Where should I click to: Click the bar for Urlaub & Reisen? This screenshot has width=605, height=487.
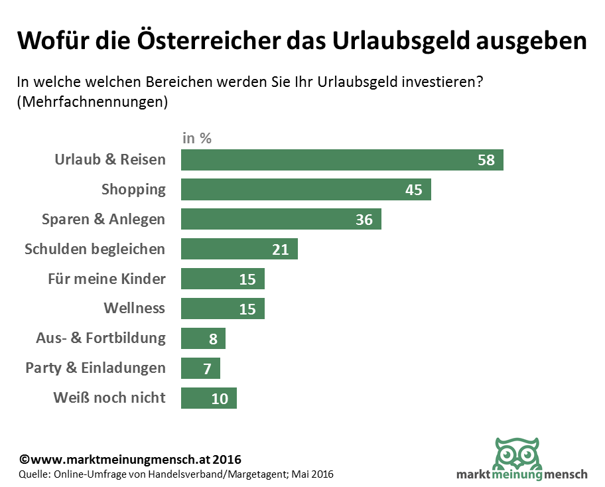[x=342, y=160]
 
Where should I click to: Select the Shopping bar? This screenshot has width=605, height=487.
[x=306, y=190]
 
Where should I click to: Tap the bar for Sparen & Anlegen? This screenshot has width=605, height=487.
[x=281, y=219]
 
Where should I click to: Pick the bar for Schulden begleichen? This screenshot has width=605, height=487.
[x=239, y=249]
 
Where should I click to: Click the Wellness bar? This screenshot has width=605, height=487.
[x=222, y=309]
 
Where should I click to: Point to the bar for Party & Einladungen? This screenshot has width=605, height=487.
[x=200, y=368]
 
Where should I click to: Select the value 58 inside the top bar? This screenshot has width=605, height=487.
[x=486, y=160]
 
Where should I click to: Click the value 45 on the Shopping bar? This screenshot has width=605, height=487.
[x=414, y=190]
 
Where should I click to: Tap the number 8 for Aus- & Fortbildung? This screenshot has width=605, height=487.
[x=213, y=339]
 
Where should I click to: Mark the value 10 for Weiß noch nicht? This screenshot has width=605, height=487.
[x=220, y=398]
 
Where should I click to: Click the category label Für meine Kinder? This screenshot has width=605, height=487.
[x=106, y=279]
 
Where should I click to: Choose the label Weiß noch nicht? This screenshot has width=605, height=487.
[x=109, y=398]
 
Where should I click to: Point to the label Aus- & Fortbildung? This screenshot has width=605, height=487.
[x=100, y=338]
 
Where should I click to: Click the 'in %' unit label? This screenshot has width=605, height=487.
[x=196, y=139]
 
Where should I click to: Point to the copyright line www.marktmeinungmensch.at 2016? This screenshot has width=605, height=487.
[x=130, y=459]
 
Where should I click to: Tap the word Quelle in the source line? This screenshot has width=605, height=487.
[x=34, y=474]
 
